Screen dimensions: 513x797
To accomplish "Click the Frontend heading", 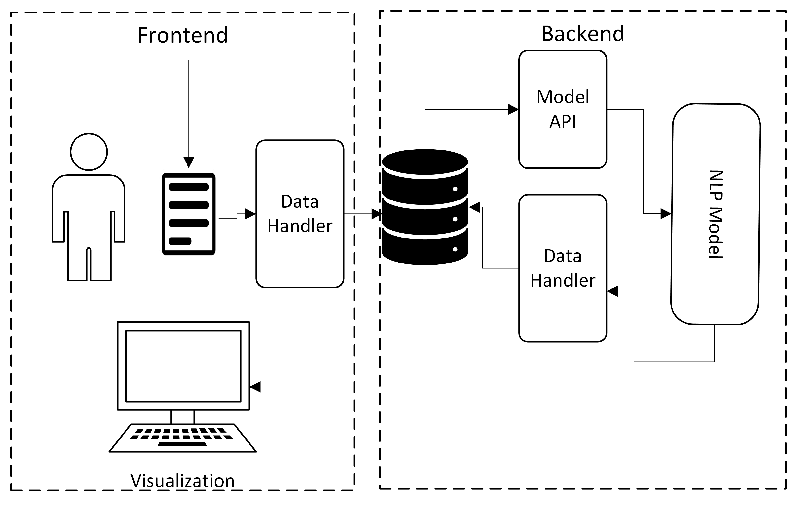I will point(183,35).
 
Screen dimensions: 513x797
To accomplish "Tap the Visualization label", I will point(183,481).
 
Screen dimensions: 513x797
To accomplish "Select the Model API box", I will point(562,109).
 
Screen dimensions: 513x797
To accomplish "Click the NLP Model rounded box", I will point(715,214).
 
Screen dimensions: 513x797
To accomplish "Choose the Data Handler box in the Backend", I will point(562,268).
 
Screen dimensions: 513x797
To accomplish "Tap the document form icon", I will point(188,214).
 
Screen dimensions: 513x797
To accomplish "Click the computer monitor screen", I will point(183,366).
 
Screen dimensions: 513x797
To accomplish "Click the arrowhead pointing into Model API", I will point(513,109).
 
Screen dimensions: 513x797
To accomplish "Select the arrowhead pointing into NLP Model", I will point(666,213).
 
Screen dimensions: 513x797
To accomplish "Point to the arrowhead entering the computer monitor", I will point(255,387).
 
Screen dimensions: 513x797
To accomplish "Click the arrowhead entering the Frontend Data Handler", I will point(250,214).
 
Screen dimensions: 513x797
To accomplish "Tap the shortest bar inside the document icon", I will point(180,241).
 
